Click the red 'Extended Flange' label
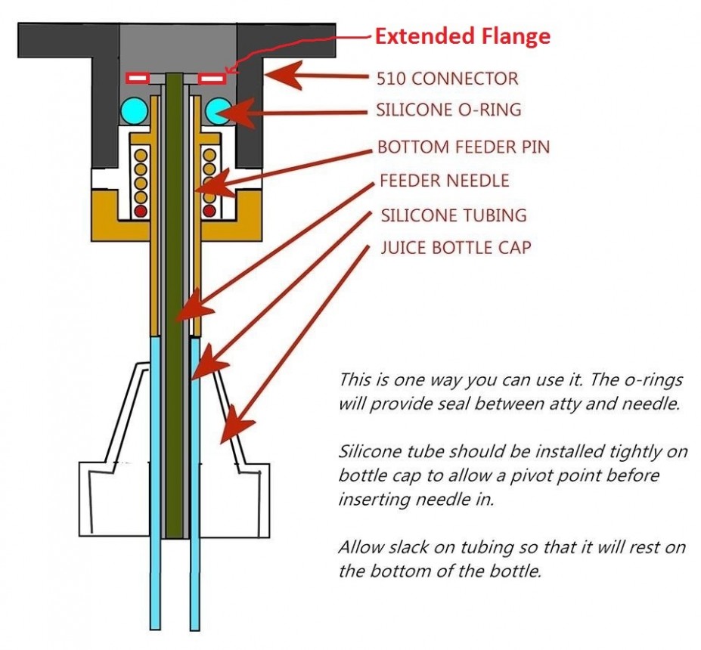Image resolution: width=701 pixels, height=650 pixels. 463,36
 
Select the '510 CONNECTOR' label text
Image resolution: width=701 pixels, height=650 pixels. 447,77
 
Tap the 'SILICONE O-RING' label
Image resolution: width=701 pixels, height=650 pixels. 448,110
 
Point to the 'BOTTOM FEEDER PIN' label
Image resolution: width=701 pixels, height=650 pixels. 463,147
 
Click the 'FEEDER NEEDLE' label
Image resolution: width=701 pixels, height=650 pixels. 444,181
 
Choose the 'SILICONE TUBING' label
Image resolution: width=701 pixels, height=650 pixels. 453,215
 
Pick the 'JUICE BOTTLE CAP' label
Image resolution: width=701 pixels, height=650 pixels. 454,247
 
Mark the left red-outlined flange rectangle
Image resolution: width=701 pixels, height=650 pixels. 137,78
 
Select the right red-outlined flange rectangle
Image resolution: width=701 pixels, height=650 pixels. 212,78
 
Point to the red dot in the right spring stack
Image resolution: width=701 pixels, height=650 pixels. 208,209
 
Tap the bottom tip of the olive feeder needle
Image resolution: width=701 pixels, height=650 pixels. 174,535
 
